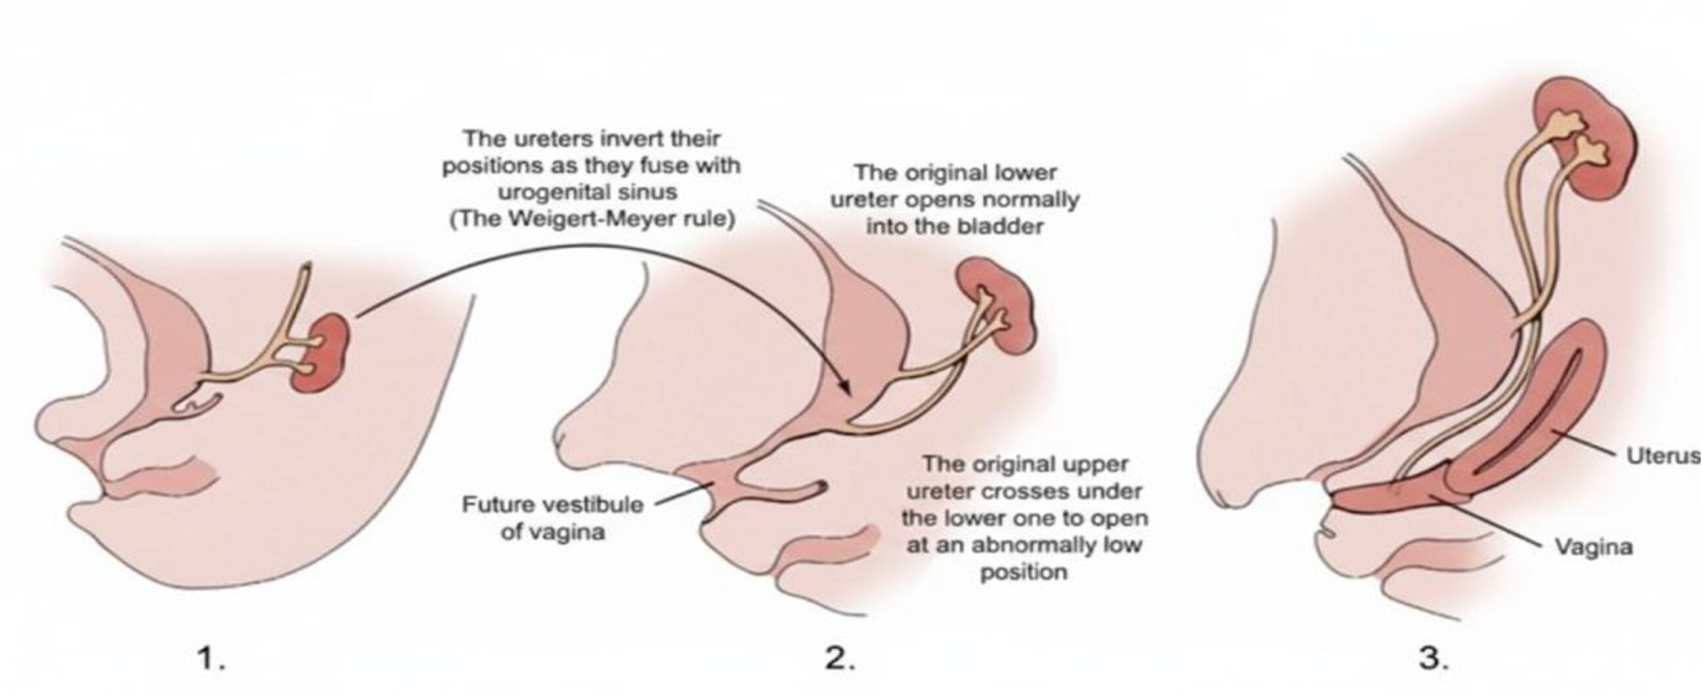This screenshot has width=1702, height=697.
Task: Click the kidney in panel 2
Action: click(994, 306)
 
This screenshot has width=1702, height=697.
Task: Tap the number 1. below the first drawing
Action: click(211, 659)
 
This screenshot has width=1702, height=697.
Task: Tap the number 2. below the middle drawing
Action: click(840, 659)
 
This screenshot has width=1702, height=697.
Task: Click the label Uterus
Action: click(1662, 455)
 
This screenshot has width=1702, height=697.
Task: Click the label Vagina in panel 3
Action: click(1593, 547)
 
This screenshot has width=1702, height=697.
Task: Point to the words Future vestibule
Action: click(552, 505)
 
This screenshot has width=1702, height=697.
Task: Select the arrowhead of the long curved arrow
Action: click(845, 387)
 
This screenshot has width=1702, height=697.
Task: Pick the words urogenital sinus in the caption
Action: click(588, 192)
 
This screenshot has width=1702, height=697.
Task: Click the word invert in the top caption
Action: click(638, 138)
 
